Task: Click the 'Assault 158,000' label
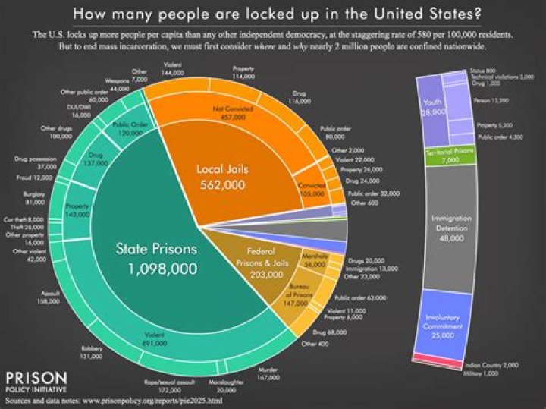51,298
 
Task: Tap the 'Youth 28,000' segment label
432,108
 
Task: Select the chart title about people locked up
272,14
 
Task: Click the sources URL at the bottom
114,399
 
